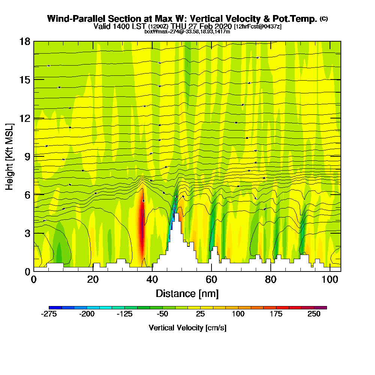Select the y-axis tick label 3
(x=27, y=233)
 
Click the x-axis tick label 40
(x=152, y=280)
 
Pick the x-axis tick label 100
(x=330, y=280)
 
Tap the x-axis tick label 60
(x=211, y=280)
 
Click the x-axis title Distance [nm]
(x=187, y=293)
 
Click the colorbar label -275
(x=48, y=314)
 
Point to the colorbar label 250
(x=314, y=314)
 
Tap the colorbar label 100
(x=238, y=314)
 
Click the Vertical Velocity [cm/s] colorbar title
(x=187, y=328)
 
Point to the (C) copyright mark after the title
(x=324, y=18)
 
